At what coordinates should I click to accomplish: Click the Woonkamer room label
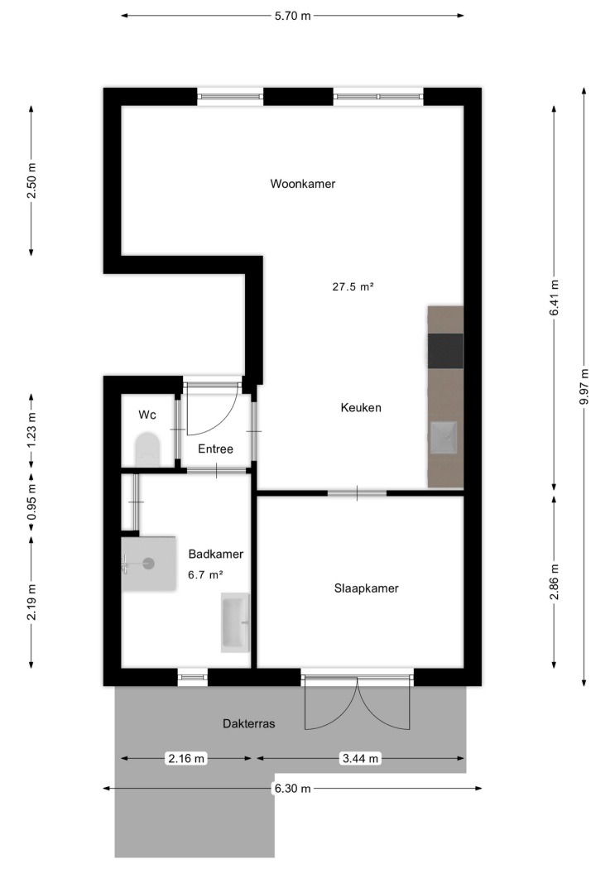point(302,184)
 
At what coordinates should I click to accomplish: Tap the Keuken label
point(361,407)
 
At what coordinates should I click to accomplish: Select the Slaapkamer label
point(366,588)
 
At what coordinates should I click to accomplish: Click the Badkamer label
point(215,554)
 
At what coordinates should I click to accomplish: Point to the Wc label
point(147,415)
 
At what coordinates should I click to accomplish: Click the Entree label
point(215,449)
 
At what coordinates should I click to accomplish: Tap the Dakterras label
point(249,723)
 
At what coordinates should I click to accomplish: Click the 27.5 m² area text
point(353,286)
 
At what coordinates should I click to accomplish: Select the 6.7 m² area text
point(205,574)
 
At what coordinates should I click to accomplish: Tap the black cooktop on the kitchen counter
point(445,351)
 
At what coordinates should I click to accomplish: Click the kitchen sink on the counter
point(444,438)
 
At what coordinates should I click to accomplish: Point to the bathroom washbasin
point(235,622)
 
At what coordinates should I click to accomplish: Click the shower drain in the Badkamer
point(148,564)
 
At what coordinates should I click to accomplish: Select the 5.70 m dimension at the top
point(292,16)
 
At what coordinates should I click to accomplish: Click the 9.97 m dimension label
point(584,386)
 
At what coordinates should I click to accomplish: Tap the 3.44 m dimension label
point(361,758)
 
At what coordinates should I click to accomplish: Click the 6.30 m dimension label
point(292,788)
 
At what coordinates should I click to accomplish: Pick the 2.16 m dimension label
point(186,758)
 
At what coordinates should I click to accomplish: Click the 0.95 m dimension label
point(31,502)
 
